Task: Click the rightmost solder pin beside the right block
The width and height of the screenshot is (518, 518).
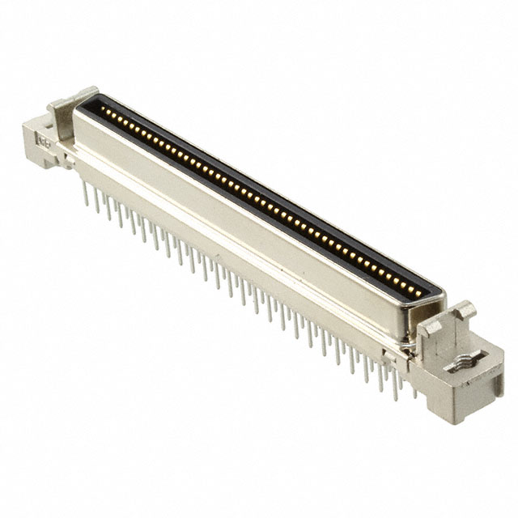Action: click(x=416, y=389)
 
